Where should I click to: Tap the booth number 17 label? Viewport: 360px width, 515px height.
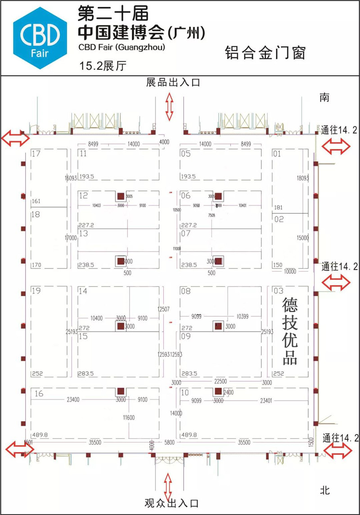[36, 154]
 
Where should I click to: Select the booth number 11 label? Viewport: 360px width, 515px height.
[83, 154]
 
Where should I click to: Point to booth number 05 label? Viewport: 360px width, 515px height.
[185, 154]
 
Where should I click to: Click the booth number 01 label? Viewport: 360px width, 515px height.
[277, 154]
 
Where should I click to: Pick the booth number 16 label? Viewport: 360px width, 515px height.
[39, 394]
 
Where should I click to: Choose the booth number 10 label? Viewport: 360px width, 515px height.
[185, 393]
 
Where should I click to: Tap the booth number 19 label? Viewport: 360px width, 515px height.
[36, 291]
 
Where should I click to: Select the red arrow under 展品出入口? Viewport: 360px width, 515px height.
[170, 106]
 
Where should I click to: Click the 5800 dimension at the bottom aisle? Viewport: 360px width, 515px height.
[170, 443]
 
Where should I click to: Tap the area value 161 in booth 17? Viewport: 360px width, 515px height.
[36, 201]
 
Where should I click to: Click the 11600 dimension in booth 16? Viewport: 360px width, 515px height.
[129, 418]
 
